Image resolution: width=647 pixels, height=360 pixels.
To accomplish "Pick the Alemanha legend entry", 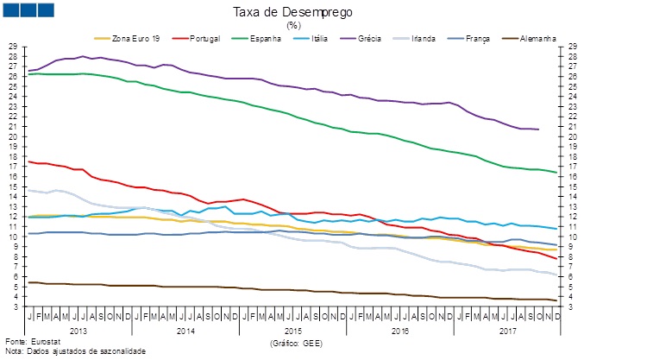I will pos(538,38).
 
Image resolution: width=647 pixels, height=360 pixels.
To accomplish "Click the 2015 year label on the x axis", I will pos(293,330).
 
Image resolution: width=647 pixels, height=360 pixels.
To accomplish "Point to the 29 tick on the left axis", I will pos(12,46).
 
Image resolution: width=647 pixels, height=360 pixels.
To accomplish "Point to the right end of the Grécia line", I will pos(539,129).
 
